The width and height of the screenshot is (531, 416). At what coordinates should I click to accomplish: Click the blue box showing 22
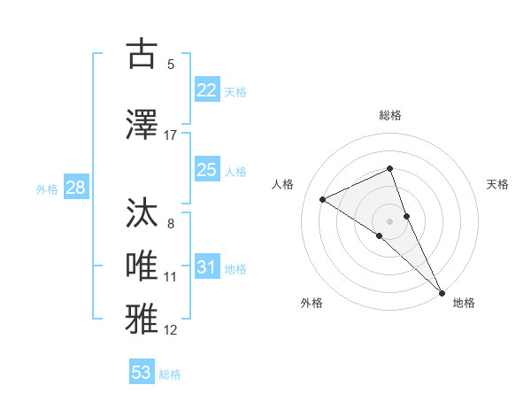coord(206,90)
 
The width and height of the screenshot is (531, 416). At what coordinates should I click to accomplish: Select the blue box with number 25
coord(206,170)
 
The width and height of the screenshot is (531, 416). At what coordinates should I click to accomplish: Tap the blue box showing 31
coord(206,267)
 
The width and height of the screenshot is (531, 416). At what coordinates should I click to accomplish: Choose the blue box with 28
coord(75,188)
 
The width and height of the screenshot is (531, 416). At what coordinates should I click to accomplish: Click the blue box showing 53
coord(142,373)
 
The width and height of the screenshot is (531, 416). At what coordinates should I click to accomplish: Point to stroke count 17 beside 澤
coord(171,135)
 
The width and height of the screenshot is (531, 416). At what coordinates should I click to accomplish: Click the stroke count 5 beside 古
coord(171,64)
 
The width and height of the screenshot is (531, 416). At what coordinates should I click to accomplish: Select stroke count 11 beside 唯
coord(171,277)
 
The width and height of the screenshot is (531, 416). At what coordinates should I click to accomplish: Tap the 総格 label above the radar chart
coord(389,115)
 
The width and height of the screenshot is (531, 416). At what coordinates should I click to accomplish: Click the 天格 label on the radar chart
coord(497,184)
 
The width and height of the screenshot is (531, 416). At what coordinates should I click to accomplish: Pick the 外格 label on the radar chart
coord(312,304)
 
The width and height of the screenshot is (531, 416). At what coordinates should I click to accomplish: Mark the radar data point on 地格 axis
coord(441,291)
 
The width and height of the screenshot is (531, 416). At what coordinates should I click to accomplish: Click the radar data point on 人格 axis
coord(323,199)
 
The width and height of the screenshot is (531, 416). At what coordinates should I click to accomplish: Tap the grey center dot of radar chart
coord(389,220)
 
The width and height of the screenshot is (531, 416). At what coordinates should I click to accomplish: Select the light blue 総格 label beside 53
coord(170,374)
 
